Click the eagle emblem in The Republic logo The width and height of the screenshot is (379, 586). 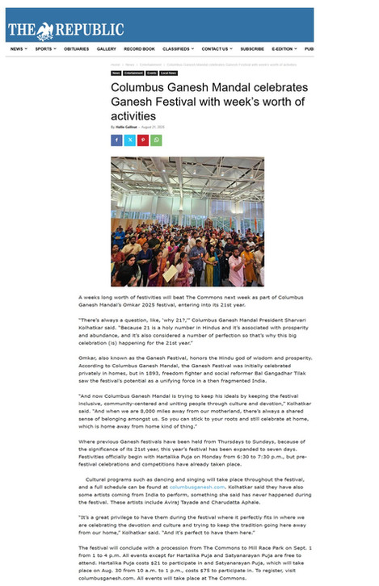[x=44, y=30]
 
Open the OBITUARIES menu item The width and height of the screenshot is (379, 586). [x=77, y=49]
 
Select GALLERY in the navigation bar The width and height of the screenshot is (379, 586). [x=107, y=49]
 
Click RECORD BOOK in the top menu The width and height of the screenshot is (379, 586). [x=140, y=49]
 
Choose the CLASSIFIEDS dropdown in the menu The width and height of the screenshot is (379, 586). [x=177, y=49]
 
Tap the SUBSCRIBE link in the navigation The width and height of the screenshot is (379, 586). [x=252, y=49]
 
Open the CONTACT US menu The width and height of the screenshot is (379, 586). [x=216, y=49]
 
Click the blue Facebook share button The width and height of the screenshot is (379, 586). [x=116, y=140]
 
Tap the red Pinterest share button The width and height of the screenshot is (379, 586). [x=143, y=140]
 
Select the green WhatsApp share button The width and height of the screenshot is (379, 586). [x=156, y=140]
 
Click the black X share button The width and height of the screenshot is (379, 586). [x=129, y=140]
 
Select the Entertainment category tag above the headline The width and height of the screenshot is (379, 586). [x=132, y=73]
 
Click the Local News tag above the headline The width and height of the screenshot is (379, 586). [x=168, y=73]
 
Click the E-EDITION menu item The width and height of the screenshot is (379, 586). [x=284, y=49]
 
